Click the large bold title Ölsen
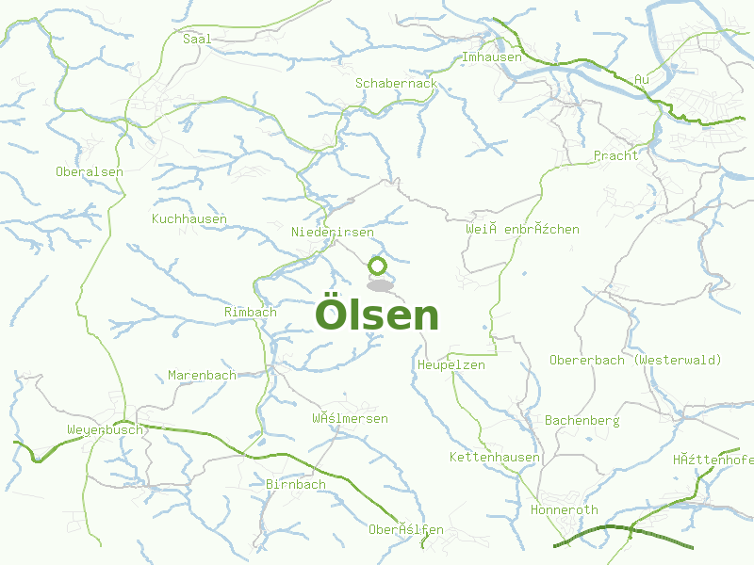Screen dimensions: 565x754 (377, 315)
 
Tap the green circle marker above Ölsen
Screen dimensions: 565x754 (378, 266)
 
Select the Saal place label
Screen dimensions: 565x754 (197, 40)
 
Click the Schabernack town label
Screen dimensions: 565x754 (396, 84)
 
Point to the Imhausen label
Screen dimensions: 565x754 (491, 57)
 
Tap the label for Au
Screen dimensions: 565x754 (643, 80)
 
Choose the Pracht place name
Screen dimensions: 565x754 (615, 155)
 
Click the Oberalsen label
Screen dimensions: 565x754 (90, 172)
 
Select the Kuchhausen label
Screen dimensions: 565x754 (189, 219)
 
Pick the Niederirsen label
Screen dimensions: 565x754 (333, 233)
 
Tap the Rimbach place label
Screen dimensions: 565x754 (251, 312)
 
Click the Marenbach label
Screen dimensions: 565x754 (202, 376)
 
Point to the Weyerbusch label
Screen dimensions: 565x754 (105, 430)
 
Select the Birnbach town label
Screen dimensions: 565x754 (296, 485)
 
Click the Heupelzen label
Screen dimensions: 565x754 (451, 365)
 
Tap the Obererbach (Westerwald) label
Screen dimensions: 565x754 (635, 361)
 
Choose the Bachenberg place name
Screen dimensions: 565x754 (582, 421)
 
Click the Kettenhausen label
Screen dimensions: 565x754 (495, 458)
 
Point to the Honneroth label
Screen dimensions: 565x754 (565, 510)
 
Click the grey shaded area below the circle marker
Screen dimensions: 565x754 (380, 284)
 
